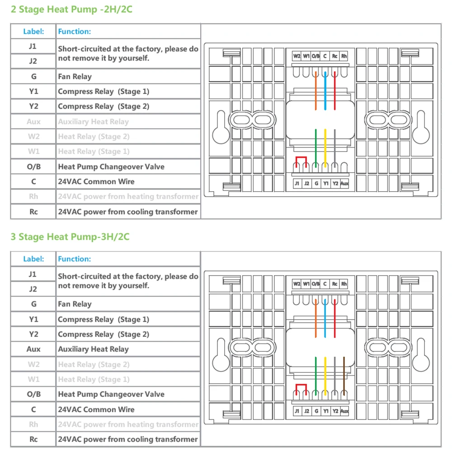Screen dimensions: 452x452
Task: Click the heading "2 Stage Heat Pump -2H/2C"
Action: click(71, 9)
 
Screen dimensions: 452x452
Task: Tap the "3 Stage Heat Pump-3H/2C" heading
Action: click(70, 236)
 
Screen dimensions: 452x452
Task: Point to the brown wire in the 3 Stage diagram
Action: click(344, 375)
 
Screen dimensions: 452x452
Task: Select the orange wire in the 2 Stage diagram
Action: click(315, 90)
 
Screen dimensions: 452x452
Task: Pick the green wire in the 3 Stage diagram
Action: click(315, 375)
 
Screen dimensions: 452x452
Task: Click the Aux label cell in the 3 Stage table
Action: click(33, 349)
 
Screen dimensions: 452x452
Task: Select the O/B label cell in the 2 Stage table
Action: click(33, 166)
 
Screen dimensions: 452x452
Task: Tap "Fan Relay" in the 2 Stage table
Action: click(75, 76)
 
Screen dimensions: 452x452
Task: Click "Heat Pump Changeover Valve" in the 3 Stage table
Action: click(111, 394)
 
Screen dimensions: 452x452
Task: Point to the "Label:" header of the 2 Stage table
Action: click(33, 31)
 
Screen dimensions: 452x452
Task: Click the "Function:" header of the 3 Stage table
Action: click(74, 259)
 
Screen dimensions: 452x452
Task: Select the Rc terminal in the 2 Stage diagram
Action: click(334, 56)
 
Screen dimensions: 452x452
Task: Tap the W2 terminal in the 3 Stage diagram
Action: click(297, 284)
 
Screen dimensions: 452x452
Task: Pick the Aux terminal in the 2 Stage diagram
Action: click(344, 184)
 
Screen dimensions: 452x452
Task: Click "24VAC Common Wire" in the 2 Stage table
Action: click(96, 182)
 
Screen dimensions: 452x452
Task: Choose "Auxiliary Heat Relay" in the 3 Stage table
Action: click(93, 349)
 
